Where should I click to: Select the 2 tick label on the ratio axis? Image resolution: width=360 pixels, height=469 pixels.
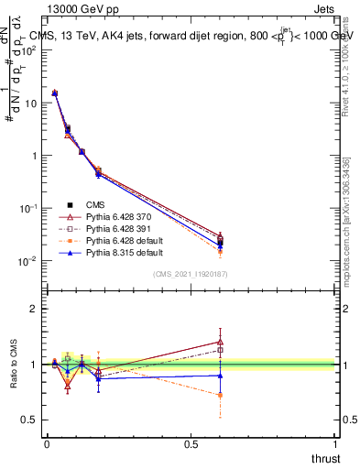pos(35,309)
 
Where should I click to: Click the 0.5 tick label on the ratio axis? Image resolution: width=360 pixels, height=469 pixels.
pos(30,420)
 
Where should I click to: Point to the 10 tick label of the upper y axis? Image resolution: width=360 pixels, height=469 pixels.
pos(29,103)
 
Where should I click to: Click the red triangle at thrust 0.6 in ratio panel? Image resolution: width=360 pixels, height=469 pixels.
pos(220,342)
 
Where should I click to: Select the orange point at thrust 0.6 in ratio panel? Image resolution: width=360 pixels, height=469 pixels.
pos(220,395)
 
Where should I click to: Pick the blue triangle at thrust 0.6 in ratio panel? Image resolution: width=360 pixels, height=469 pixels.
pos(220,375)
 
